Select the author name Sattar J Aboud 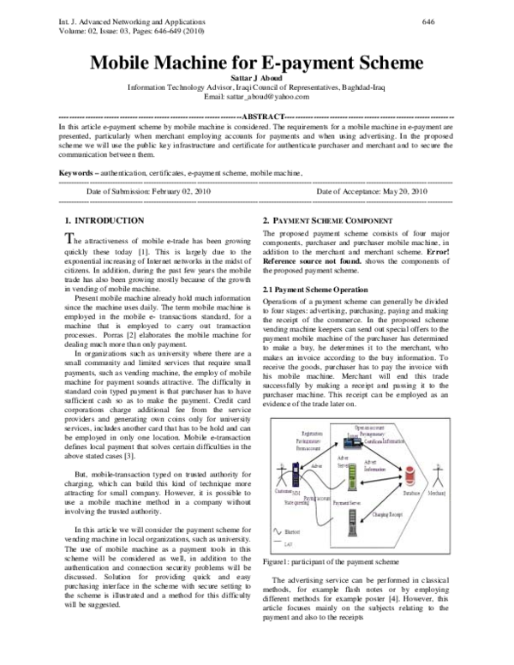pyautogui.click(x=257, y=77)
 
